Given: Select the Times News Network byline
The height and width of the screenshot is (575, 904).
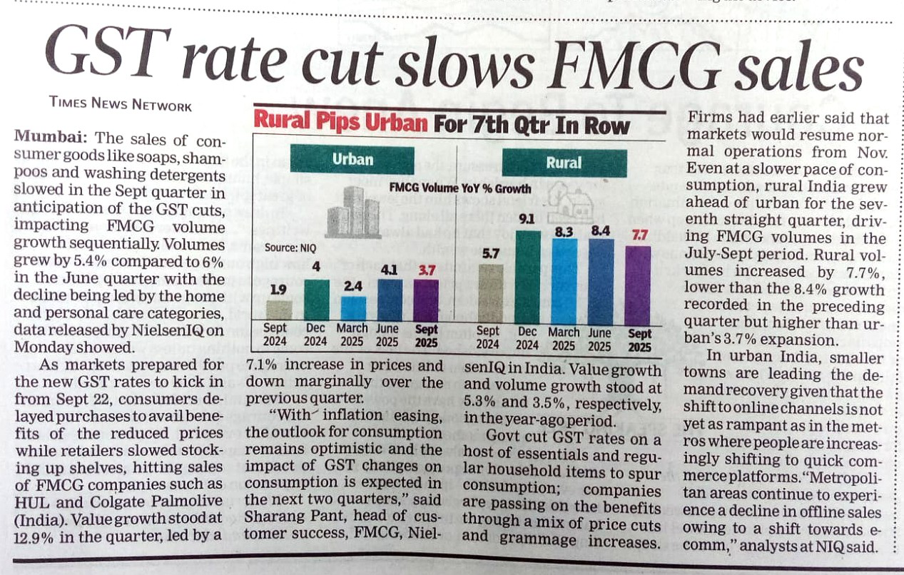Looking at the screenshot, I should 121,104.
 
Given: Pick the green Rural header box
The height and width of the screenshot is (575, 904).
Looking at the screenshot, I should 564,162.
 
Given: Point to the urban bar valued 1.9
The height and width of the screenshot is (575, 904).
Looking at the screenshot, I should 279,310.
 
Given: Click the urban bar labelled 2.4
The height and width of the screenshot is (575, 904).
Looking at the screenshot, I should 352,307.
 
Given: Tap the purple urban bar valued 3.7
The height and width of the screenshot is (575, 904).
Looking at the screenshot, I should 426,300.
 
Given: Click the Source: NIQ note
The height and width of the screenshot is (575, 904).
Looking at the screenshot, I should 290,248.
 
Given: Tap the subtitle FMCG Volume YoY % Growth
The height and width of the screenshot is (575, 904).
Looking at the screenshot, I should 460,188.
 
